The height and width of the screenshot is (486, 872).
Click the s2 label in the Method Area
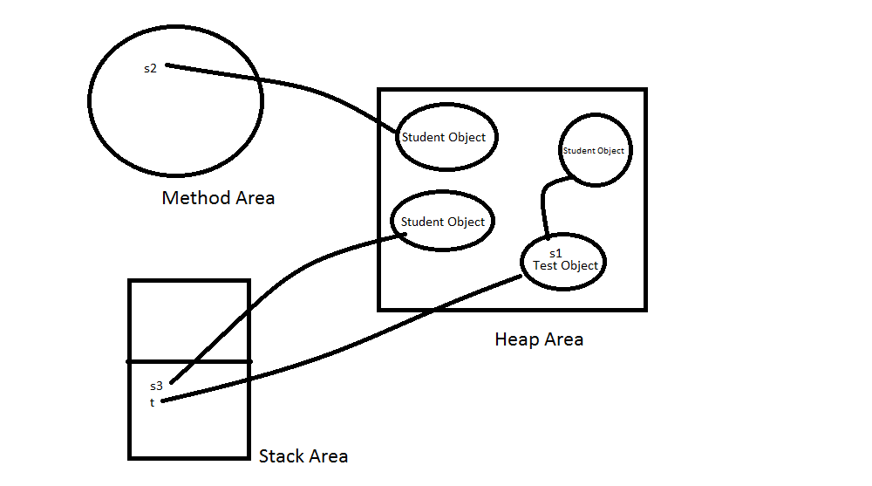(150, 68)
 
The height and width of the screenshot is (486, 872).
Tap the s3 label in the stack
(156, 386)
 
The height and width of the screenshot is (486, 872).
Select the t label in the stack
(152, 402)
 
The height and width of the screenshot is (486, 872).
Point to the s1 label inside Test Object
(555, 253)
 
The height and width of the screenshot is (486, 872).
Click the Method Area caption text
(218, 198)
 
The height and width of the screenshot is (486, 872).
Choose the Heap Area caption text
(539, 339)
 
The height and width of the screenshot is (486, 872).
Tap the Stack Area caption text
(303, 456)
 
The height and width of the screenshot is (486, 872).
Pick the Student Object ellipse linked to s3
(443, 222)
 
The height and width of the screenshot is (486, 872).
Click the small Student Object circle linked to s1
(594, 150)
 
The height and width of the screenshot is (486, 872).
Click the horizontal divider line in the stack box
(189, 360)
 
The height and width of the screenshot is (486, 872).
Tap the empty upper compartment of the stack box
(189, 319)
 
